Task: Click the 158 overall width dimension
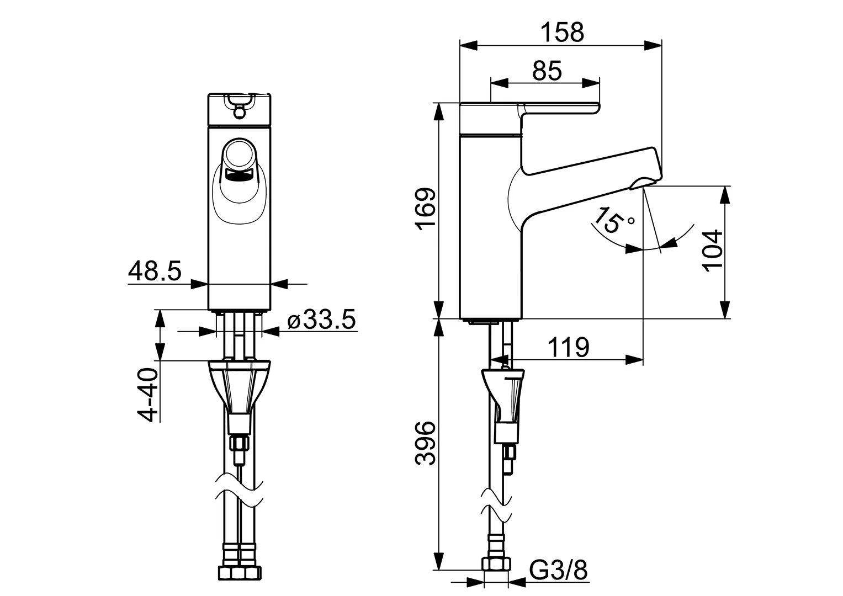tap(561, 33)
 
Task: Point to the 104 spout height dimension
tap(713, 249)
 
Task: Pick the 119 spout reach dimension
tap(568, 348)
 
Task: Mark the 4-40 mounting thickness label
tap(147, 395)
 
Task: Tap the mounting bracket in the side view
tap(503, 392)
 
